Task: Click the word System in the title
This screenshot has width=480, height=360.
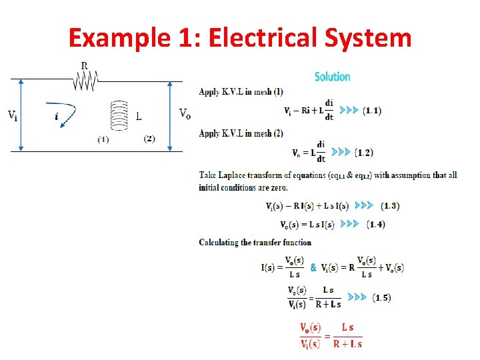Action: tap(369, 38)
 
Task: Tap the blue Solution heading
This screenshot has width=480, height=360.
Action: tap(332, 77)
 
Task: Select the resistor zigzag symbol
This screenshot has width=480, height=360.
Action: tap(85, 81)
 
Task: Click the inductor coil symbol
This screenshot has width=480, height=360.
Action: tap(119, 117)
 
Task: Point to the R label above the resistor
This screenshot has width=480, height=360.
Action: tap(84, 67)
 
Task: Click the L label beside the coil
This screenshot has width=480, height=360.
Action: tap(139, 117)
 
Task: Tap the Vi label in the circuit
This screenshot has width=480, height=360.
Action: tap(13, 115)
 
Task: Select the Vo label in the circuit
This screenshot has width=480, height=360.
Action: tap(185, 113)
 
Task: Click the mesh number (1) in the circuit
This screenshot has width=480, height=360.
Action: tap(103, 139)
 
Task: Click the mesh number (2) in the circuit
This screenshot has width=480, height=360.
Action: tap(149, 139)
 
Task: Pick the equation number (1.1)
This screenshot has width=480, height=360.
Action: tap(372, 111)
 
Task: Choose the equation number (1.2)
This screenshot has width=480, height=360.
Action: tap(364, 153)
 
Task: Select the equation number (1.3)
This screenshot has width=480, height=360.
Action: tap(390, 206)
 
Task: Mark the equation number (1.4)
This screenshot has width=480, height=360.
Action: tap(376, 224)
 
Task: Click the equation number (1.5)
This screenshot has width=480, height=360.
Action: tap(381, 297)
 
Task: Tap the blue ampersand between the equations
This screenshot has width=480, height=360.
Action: tap(313, 267)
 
